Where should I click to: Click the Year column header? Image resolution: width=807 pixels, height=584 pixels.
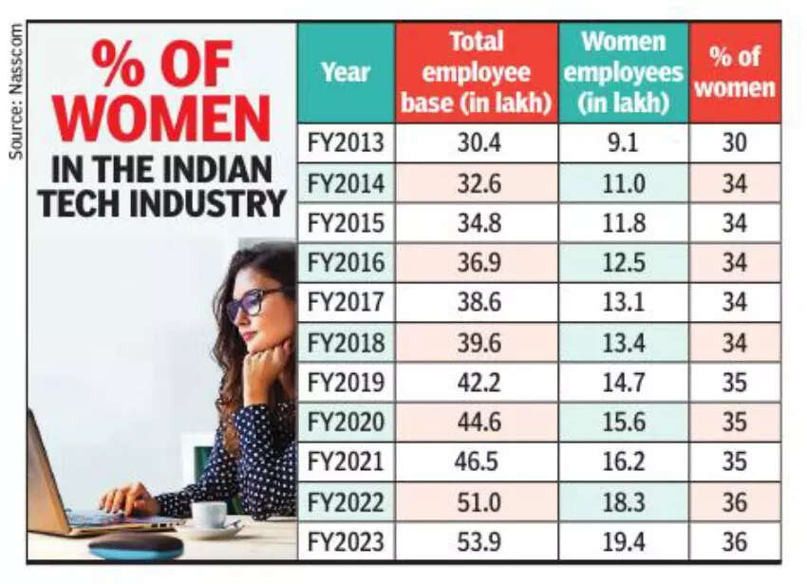(346, 72)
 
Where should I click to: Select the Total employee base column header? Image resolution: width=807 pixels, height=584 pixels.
(476, 72)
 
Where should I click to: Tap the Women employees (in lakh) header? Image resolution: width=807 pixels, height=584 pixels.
(622, 72)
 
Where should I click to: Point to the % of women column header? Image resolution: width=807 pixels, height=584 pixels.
(735, 72)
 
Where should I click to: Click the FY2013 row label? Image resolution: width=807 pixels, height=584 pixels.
(346, 143)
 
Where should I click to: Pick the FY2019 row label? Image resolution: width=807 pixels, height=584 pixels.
(346, 383)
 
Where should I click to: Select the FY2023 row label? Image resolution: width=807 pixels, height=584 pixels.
(346, 542)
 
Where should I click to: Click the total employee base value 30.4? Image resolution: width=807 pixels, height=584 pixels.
(476, 143)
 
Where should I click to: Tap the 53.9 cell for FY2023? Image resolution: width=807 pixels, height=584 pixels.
(476, 542)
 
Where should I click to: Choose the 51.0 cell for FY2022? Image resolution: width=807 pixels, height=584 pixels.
(476, 502)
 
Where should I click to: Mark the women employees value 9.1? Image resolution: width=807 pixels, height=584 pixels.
(623, 143)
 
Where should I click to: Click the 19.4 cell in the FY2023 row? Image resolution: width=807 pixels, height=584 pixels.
(623, 542)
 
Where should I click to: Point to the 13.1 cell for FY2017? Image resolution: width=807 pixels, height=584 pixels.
(623, 303)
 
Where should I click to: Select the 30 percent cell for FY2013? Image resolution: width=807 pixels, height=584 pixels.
(735, 143)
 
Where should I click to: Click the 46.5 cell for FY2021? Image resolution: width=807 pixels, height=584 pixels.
(476, 462)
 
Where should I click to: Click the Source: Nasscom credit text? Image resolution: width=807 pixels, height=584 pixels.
(16, 91)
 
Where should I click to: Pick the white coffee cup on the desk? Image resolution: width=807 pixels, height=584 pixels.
(209, 515)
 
